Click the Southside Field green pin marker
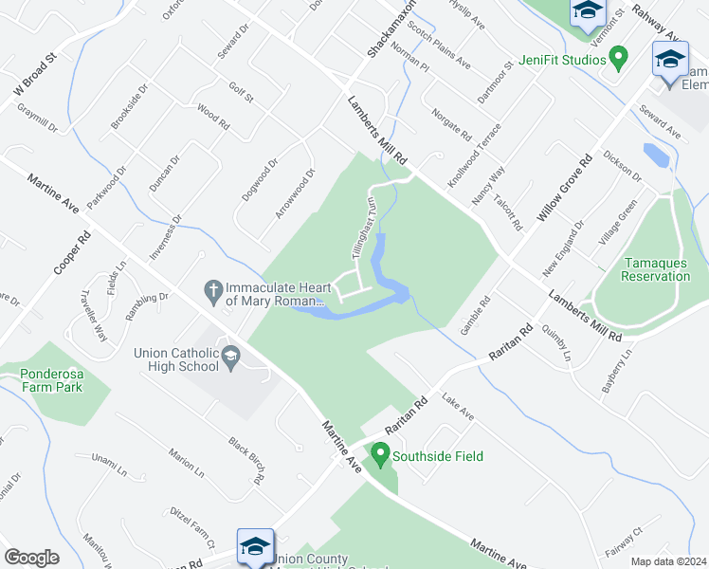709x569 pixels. click(x=381, y=455)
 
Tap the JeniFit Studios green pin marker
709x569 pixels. click(x=619, y=59)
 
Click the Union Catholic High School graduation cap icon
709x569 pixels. click(x=230, y=358)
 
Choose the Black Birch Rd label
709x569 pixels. click(x=245, y=461)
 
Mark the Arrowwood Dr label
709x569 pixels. click(x=295, y=193)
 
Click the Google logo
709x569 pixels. click(x=31, y=558)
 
